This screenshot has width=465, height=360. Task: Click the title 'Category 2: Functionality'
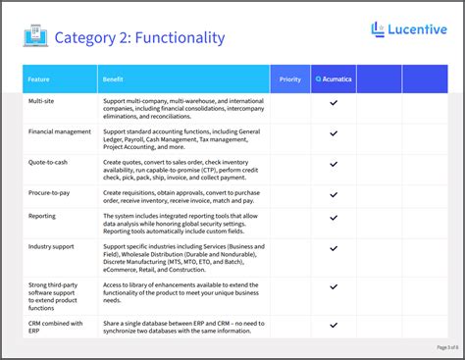[139, 38]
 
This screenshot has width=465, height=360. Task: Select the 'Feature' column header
[39, 78]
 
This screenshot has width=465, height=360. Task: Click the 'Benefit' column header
[113, 78]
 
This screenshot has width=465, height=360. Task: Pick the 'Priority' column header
[290, 78]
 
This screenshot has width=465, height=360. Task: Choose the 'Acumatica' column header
[334, 78]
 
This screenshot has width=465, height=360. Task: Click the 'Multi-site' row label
[42, 101]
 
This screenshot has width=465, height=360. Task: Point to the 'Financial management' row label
[60, 130]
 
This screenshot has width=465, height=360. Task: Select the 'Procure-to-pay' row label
[50, 193]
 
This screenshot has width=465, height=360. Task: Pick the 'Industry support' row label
[53, 247]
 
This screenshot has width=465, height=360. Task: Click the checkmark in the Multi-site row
[334, 102]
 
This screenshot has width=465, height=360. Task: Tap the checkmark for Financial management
[334, 134]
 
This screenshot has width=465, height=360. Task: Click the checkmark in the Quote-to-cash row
[334, 165]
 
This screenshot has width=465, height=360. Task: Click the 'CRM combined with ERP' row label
[56, 327]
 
